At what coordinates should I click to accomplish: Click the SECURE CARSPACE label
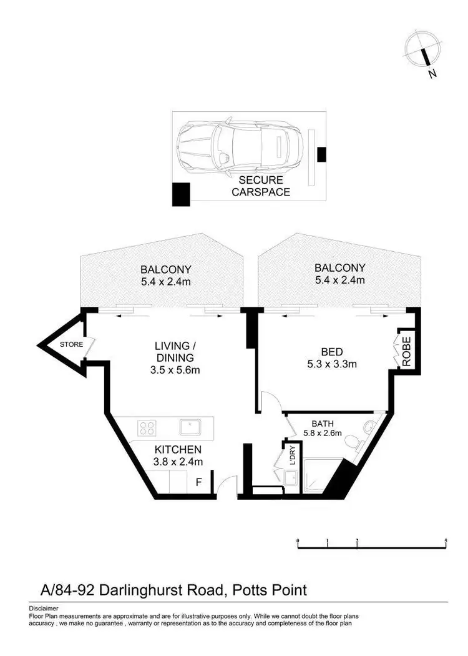click(261, 186)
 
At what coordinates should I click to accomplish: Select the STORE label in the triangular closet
click(71, 344)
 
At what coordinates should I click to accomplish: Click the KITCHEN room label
click(178, 449)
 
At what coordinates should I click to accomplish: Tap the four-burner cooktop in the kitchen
click(147, 429)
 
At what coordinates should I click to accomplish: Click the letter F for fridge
click(199, 482)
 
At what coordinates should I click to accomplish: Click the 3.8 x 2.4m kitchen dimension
click(178, 462)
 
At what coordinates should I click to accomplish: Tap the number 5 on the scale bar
click(446, 540)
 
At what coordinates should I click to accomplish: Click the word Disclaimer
click(44, 608)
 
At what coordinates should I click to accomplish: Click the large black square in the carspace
click(181, 194)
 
